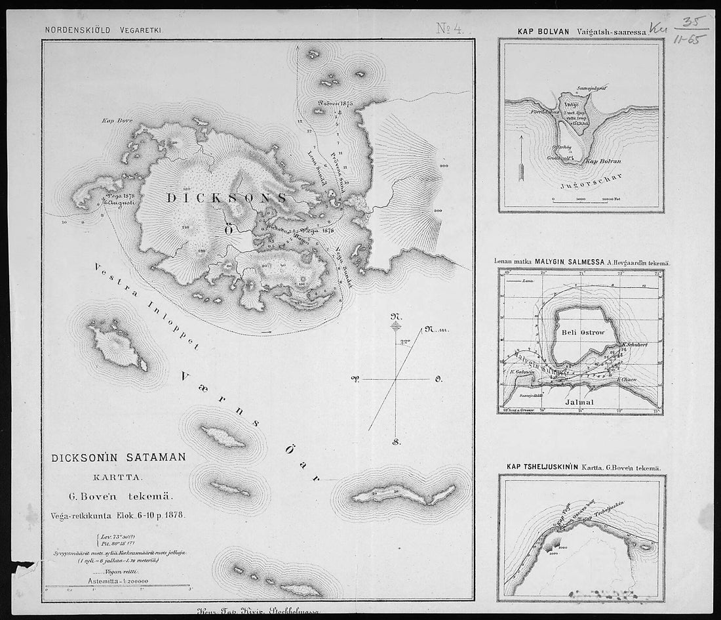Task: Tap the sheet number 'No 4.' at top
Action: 452,28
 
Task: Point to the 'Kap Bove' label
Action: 113,121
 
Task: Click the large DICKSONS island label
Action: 225,197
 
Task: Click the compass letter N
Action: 395,315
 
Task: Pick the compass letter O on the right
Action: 438,379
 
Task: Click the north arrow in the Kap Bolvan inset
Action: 522,159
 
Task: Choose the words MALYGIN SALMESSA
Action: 572,262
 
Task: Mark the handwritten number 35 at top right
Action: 690,23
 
